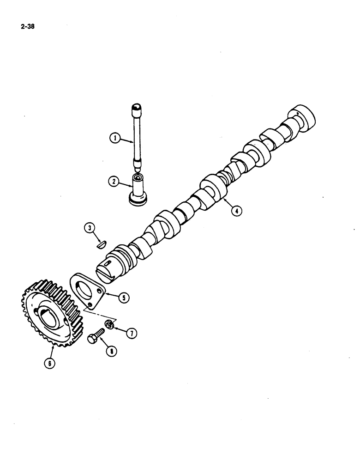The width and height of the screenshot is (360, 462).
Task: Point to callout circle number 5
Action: [x=123, y=298]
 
